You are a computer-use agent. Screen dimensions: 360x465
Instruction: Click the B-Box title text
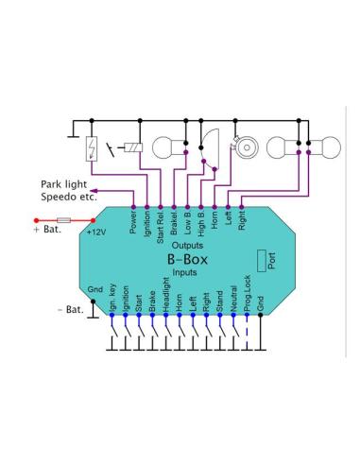(187, 259)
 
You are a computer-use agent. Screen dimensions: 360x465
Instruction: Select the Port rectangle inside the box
(262, 261)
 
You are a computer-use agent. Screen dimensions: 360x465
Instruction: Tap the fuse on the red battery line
(64, 220)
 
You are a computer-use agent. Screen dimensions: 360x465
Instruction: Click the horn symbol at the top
(246, 146)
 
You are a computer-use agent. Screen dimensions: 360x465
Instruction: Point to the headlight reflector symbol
(209, 148)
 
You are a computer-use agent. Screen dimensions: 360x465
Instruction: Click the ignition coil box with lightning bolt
(92, 148)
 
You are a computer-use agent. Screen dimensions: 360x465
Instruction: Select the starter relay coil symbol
(133, 147)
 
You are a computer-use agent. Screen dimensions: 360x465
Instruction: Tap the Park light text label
(63, 184)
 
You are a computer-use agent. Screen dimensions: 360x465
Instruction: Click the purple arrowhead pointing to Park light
(94, 190)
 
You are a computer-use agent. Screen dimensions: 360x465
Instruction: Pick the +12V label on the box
(96, 232)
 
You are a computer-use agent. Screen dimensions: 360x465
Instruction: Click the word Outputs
(187, 245)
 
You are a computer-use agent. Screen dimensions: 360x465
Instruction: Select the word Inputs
(184, 272)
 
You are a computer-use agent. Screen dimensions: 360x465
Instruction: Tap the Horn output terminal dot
(214, 207)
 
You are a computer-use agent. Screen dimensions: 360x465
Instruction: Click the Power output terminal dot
(133, 207)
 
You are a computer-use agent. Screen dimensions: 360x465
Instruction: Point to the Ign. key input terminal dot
(111, 315)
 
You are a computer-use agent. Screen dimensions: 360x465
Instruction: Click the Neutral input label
(233, 299)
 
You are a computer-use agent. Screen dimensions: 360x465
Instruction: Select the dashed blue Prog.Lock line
(247, 332)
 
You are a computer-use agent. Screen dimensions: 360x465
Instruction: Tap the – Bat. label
(71, 310)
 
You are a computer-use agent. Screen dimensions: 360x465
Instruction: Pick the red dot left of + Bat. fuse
(37, 220)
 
